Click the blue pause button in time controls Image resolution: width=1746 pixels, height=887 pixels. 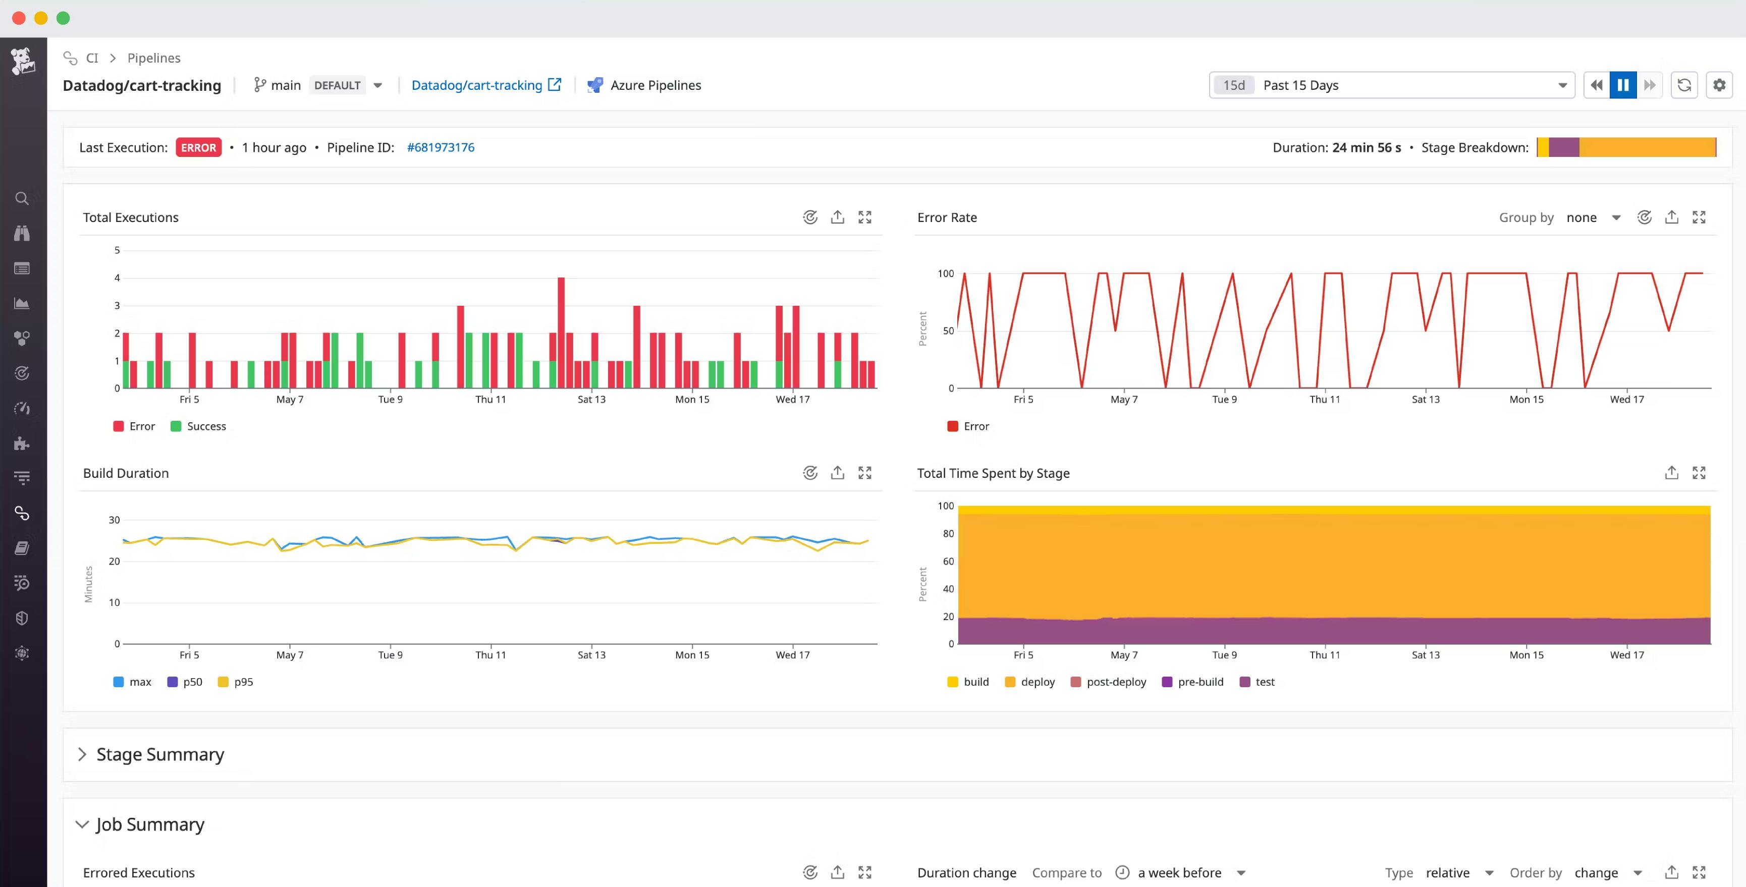pos(1623,85)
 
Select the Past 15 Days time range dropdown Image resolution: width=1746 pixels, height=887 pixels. pos(1391,85)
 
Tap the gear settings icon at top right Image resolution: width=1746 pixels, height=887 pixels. pos(1719,85)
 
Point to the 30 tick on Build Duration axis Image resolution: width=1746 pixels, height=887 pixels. pos(114,520)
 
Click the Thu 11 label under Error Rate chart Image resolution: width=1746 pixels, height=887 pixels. pos(1325,399)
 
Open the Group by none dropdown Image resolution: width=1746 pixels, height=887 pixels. pos(1592,217)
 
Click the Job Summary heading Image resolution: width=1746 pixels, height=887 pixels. pos(150,824)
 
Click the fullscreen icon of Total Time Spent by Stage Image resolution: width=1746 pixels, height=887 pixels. pos(1699,473)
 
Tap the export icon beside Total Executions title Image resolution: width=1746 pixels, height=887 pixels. pos(837,217)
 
